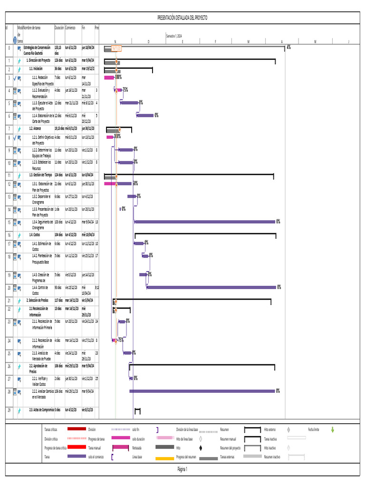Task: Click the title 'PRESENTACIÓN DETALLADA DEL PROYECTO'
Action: (182, 18)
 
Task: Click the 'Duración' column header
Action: (59, 28)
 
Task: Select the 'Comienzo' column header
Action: (70, 28)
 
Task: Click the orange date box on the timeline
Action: (116, 49)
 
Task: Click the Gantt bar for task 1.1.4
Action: (145, 115)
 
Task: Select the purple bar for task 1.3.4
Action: (205, 222)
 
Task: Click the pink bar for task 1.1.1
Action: (109, 77)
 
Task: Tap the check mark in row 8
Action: (15, 137)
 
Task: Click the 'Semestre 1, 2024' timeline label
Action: (174, 36)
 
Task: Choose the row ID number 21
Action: (9, 301)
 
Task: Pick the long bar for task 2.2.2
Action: (202, 391)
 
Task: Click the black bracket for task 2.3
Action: (137, 410)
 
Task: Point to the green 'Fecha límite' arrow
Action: (333, 429)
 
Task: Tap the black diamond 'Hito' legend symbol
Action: (201, 448)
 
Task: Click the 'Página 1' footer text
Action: (182, 469)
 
